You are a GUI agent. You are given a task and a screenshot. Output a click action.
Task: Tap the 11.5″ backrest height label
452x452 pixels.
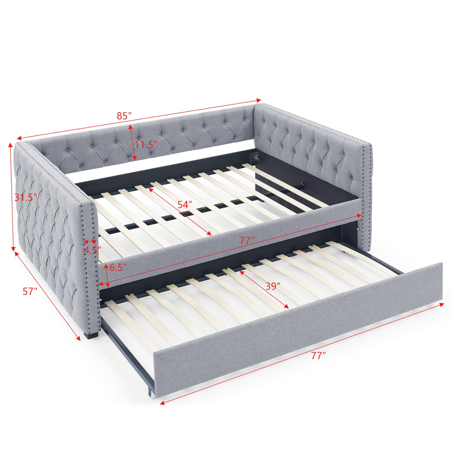pyautogui.click(x=145, y=145)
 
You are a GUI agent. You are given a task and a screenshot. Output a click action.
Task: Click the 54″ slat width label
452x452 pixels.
pyautogui.click(x=185, y=205)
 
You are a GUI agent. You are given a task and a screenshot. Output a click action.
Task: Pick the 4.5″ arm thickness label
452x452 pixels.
pyautogui.click(x=92, y=250)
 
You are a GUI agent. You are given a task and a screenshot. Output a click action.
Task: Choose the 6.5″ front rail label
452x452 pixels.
pyautogui.click(x=118, y=267)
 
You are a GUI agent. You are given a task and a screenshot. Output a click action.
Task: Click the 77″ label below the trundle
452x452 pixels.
pyautogui.click(x=318, y=355)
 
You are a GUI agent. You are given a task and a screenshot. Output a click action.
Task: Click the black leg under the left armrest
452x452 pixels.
pyautogui.click(x=92, y=335)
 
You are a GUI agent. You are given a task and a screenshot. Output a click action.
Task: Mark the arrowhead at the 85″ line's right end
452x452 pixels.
pyautogui.click(x=259, y=100)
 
